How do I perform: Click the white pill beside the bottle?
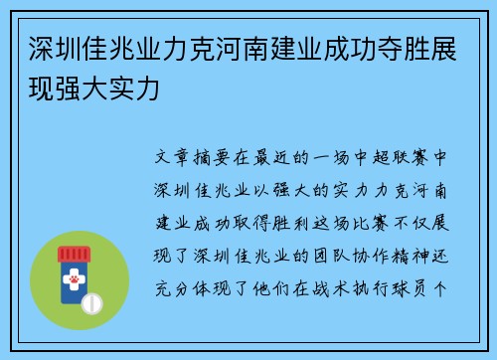click(95, 300)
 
